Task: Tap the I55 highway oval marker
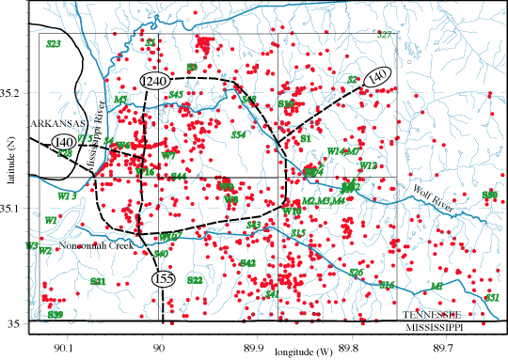(x=163, y=279)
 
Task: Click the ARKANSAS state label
(x=32, y=123)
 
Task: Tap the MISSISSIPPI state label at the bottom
(x=438, y=331)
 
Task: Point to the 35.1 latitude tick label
(x=11, y=208)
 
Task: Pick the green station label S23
(x=54, y=44)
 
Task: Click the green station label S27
(x=384, y=35)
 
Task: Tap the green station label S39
(x=56, y=314)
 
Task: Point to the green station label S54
(x=238, y=135)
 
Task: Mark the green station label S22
(x=195, y=280)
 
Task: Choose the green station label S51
(x=490, y=297)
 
